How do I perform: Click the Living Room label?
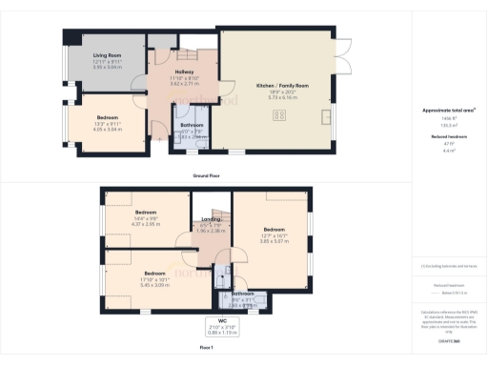pos(107,57)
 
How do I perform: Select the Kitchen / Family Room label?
pos(282,86)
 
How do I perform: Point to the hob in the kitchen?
pos(281,116)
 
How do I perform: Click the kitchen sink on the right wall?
pos(327,117)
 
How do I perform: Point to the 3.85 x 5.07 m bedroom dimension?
pos(274,239)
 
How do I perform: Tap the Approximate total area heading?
pos(448,111)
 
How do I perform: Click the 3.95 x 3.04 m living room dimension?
pos(107,68)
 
